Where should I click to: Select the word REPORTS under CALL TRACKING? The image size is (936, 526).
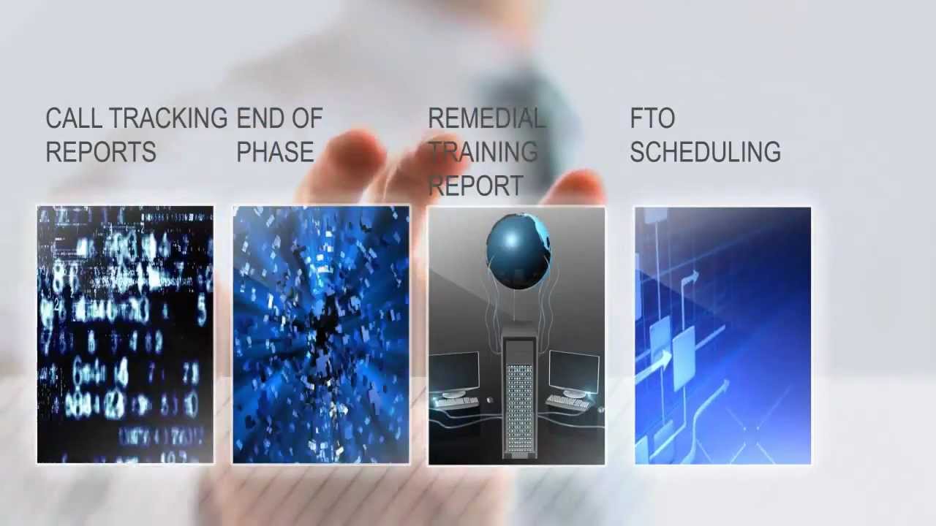(101, 152)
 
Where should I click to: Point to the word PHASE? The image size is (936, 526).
(275, 152)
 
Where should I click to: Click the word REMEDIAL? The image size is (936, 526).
(486, 118)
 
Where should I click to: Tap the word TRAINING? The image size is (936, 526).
(483, 152)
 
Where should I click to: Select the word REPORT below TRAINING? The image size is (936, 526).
(476, 186)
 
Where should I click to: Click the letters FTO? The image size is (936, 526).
(652, 118)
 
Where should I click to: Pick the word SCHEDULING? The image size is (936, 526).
(705, 152)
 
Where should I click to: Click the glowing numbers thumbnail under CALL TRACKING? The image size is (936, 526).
(125, 335)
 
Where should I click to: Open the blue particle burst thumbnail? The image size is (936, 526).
(321, 335)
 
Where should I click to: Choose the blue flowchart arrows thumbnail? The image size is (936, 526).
(722, 335)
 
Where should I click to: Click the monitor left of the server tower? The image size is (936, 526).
(454, 371)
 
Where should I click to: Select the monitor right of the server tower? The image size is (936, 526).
(574, 371)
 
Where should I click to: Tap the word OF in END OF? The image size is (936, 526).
(307, 118)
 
